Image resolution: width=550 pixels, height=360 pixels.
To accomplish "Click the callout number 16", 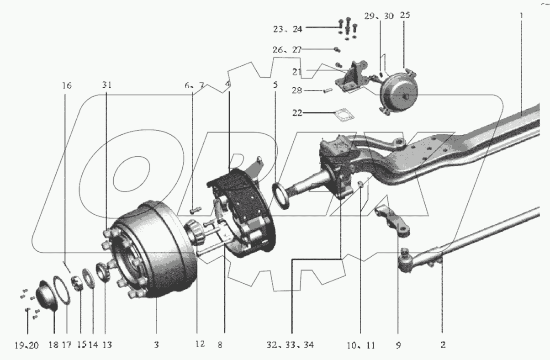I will coord(67,85).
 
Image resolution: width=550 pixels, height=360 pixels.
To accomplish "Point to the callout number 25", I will coord(405,16).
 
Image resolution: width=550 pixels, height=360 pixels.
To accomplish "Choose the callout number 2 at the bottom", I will coord(442,345).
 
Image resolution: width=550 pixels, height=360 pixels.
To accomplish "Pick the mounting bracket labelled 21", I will coord(352,78).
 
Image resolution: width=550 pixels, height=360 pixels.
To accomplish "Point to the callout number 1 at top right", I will coord(521,16).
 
